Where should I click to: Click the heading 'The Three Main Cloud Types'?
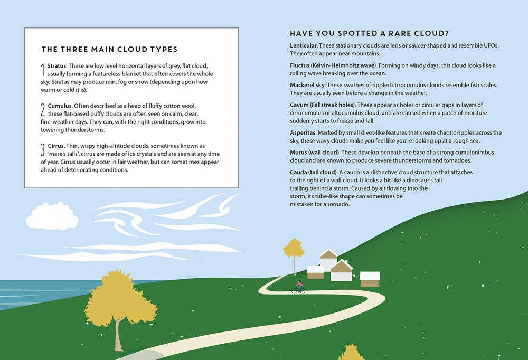(109, 50)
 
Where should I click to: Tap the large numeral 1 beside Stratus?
(43, 69)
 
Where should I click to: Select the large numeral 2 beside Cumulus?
(43, 110)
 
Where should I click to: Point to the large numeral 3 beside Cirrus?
(43, 151)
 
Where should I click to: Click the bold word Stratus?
(56, 66)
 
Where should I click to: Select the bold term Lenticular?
(306, 45)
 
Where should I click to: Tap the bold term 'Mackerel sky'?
(309, 85)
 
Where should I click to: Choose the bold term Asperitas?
(305, 132)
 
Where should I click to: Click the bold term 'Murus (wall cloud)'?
(316, 152)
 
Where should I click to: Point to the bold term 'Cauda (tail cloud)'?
(314, 172)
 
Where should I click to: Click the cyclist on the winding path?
(299, 287)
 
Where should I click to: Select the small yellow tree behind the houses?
(294, 250)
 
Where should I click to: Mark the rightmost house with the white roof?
(370, 279)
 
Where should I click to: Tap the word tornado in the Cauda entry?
(337, 204)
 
